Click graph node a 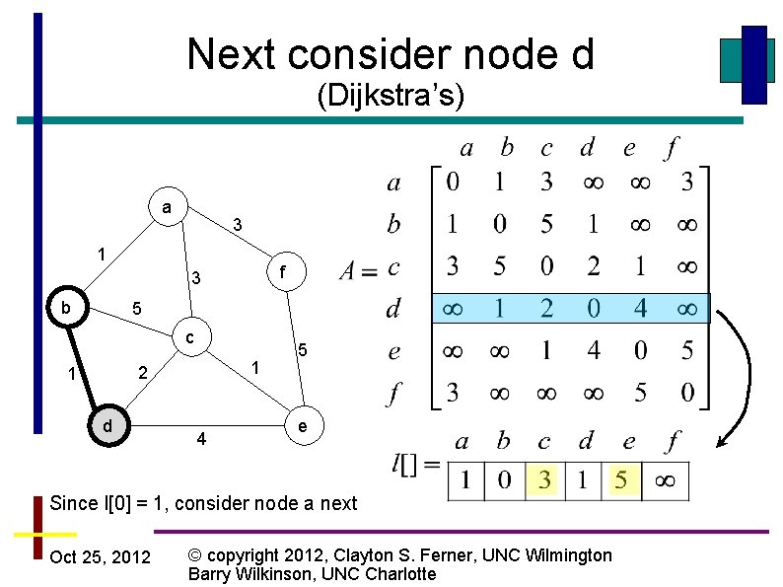coord(168,208)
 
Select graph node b coord(66,307)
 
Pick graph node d coord(107,425)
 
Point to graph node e coord(304,426)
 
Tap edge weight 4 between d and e coord(201,438)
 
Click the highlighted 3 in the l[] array coord(544,481)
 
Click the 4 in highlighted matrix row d coord(640,309)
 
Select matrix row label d coord(393,310)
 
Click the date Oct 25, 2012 coord(100,558)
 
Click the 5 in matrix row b coord(546,225)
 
